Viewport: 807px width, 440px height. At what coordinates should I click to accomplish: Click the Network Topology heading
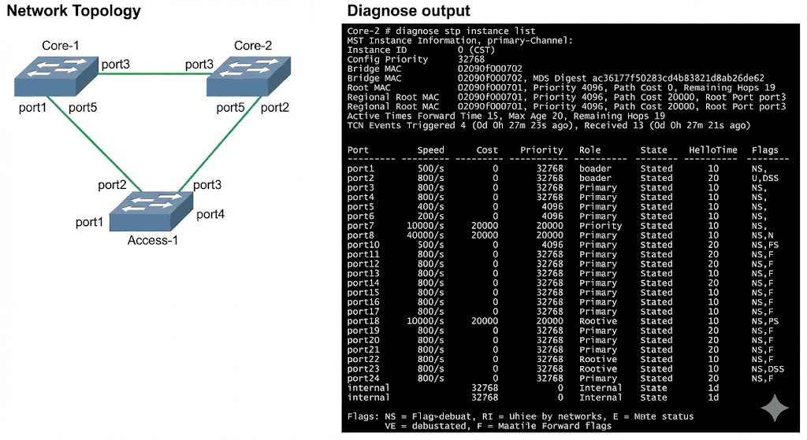73,11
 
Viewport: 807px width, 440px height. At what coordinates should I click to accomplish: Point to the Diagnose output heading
408,11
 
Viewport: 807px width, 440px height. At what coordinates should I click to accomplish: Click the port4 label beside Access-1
210,214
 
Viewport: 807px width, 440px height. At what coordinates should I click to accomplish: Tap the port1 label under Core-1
32,107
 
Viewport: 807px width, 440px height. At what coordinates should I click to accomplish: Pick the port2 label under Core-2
274,107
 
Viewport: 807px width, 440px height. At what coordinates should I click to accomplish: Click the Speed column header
431,150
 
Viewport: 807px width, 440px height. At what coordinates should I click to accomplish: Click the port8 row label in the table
361,235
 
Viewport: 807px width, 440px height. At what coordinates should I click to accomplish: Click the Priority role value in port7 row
601,226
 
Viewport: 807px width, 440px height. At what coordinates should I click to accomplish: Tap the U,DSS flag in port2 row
764,178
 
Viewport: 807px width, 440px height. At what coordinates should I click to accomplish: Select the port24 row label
363,379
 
